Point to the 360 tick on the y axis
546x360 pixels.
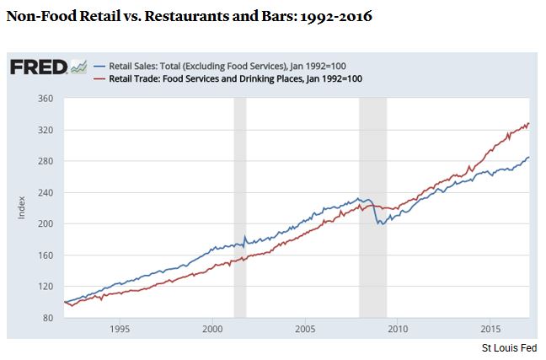(45, 99)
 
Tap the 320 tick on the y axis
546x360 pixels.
(45, 130)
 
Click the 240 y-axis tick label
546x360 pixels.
(45, 192)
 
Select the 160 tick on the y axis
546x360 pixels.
(45, 255)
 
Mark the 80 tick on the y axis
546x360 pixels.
(48, 318)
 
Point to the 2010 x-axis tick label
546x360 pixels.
(398, 329)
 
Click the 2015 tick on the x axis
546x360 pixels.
(490, 329)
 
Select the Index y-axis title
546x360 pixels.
(21, 207)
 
